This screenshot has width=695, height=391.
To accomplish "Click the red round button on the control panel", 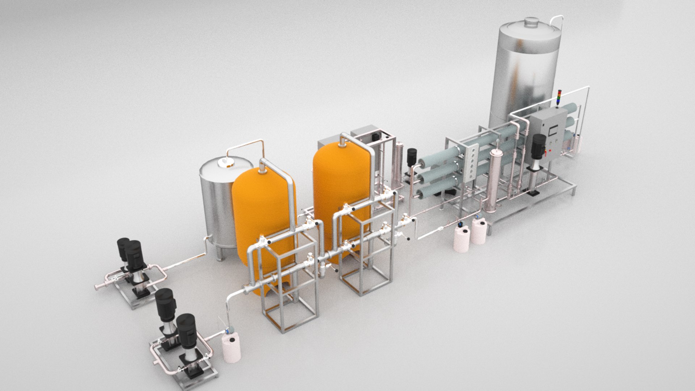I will point(550,149).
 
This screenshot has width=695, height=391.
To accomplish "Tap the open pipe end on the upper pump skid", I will point(97,287).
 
